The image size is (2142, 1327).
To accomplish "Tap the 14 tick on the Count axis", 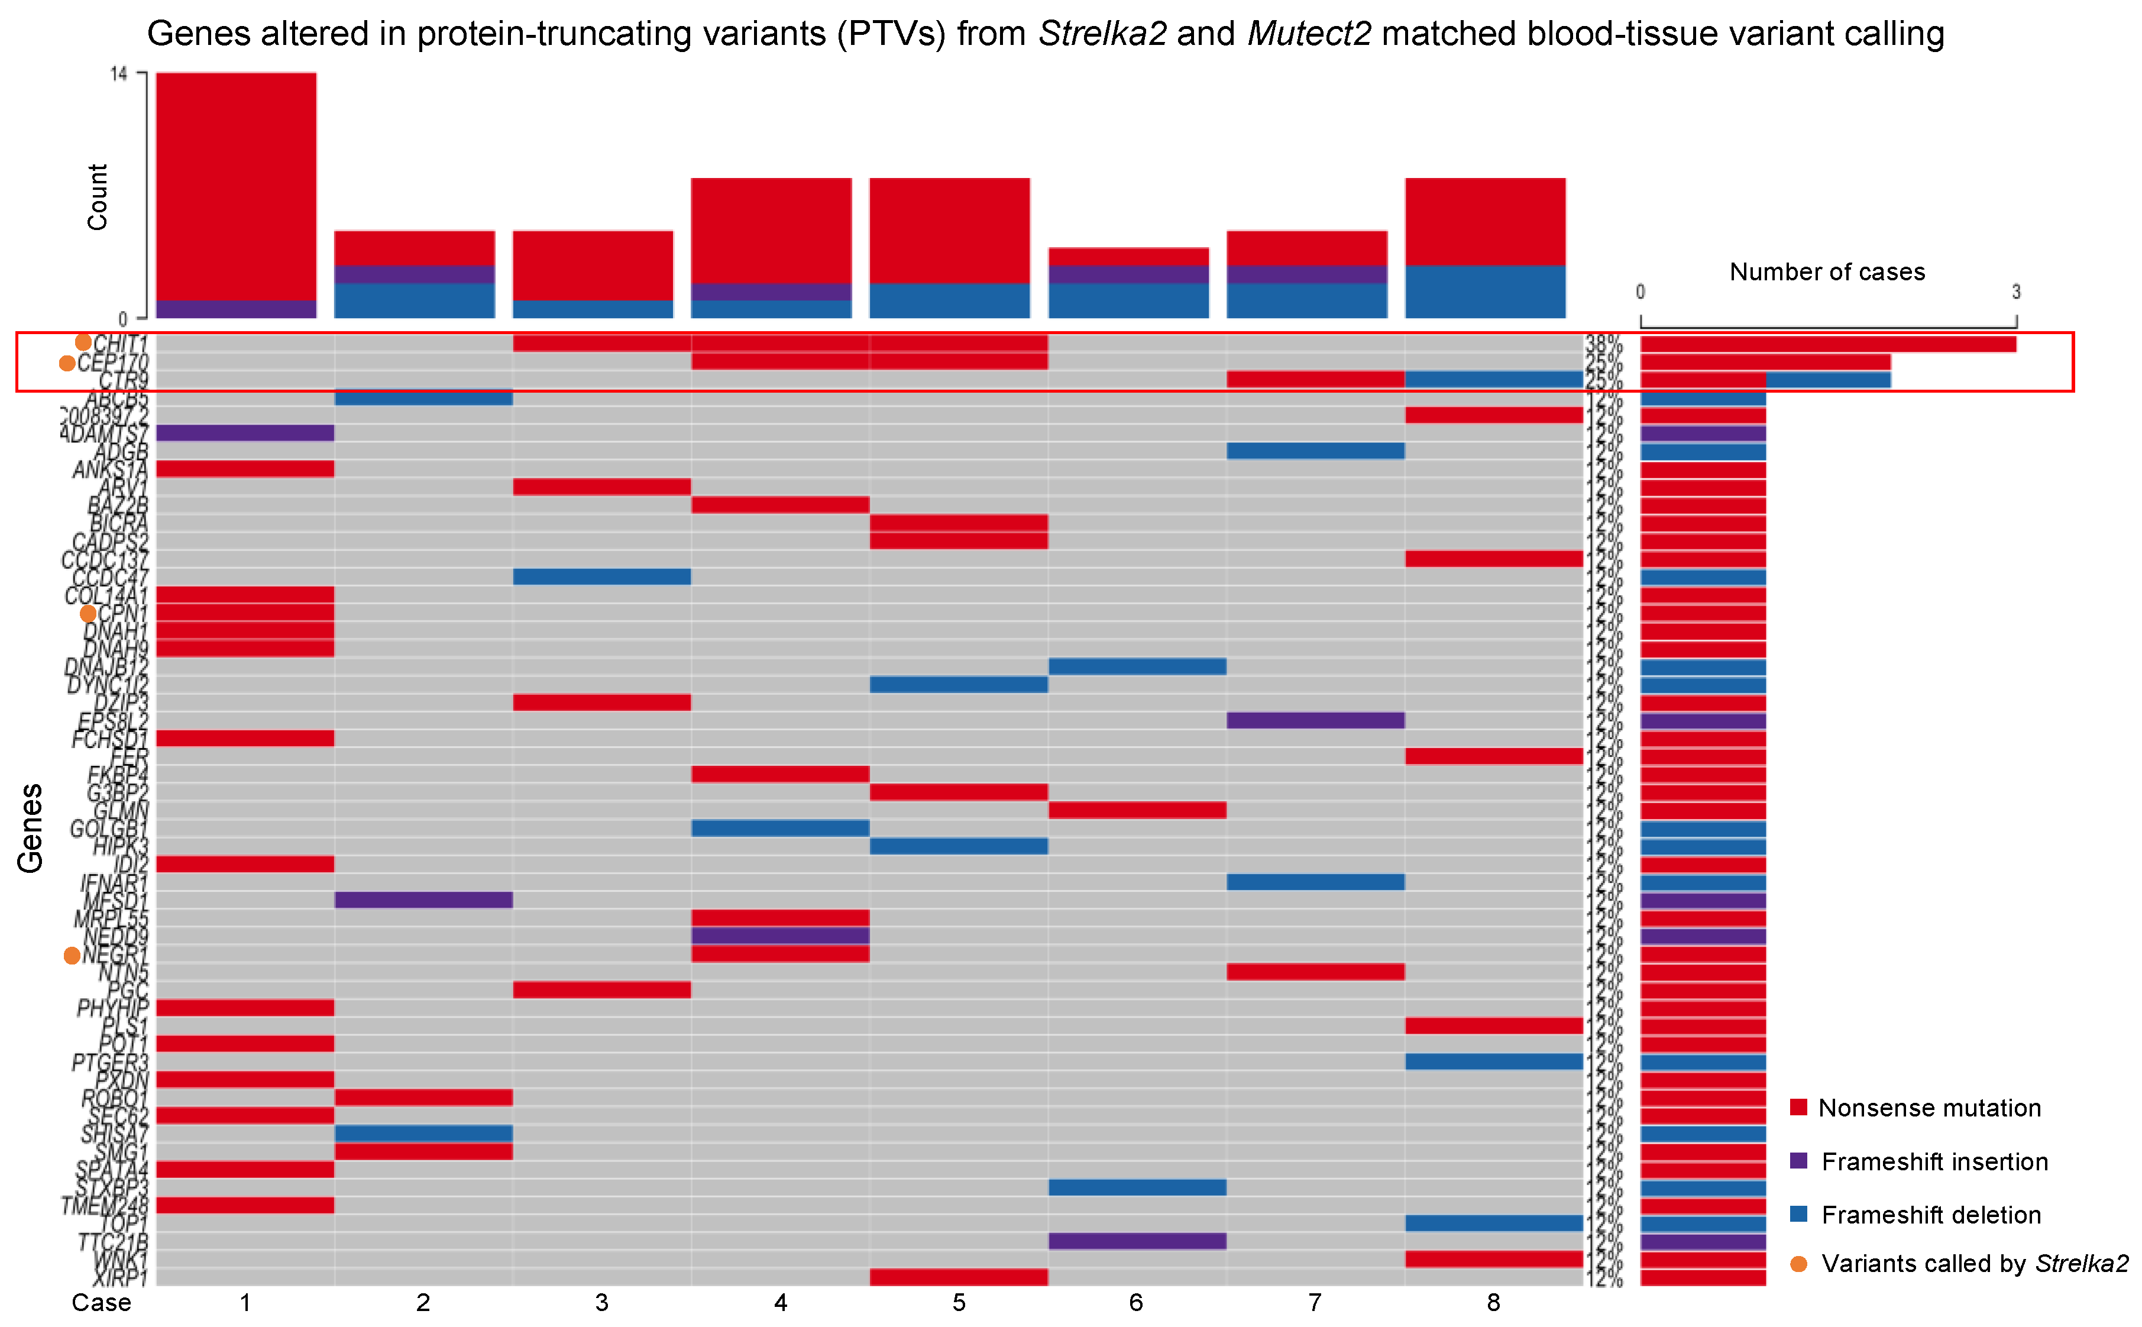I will click(118, 75).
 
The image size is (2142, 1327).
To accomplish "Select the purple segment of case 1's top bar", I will click(236, 309).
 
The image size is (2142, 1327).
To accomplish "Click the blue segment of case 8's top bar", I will click(1485, 292).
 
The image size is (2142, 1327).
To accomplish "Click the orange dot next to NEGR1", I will click(72, 956).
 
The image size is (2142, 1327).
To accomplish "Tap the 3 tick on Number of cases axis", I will click(2015, 292).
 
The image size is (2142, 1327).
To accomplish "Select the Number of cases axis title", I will click(1827, 272).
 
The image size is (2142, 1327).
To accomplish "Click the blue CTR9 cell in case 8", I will click(1493, 379).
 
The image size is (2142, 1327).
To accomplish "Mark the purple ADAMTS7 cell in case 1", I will click(245, 433).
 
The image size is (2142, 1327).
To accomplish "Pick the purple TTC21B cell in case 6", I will click(1137, 1241).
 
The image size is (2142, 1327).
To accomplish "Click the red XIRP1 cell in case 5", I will click(958, 1277).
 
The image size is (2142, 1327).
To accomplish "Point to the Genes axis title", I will click(30, 828).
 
